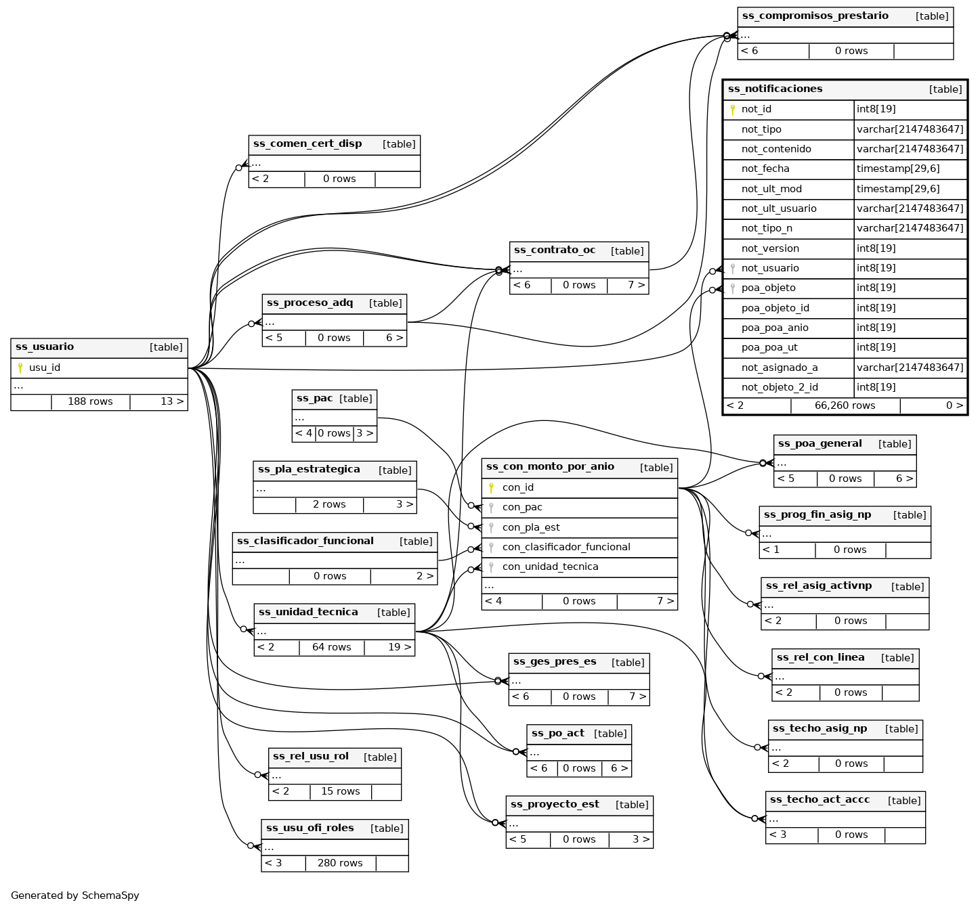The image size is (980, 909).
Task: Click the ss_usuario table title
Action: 45,347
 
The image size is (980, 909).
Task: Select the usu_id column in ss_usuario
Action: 45,368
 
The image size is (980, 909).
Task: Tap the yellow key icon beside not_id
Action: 732,110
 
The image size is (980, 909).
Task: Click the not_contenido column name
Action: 775,150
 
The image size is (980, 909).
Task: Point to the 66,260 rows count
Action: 845,406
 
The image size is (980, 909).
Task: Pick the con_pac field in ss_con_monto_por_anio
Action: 522,508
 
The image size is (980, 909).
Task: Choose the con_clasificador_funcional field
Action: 566,548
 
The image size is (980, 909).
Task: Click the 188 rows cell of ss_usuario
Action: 90,402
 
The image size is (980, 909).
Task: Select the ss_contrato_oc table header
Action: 555,250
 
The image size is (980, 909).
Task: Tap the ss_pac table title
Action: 314,399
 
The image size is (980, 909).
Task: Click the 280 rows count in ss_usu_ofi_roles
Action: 340,864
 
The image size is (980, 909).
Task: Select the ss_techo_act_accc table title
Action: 819,800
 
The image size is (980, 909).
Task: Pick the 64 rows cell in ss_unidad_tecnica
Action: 331,648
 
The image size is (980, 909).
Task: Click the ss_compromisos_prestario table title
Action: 815,16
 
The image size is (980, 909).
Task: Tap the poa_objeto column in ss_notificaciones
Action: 768,288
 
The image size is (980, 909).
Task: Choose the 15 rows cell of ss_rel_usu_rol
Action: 340,792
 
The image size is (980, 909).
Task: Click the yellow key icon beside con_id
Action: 491,488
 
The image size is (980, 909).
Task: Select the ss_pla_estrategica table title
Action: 309,470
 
